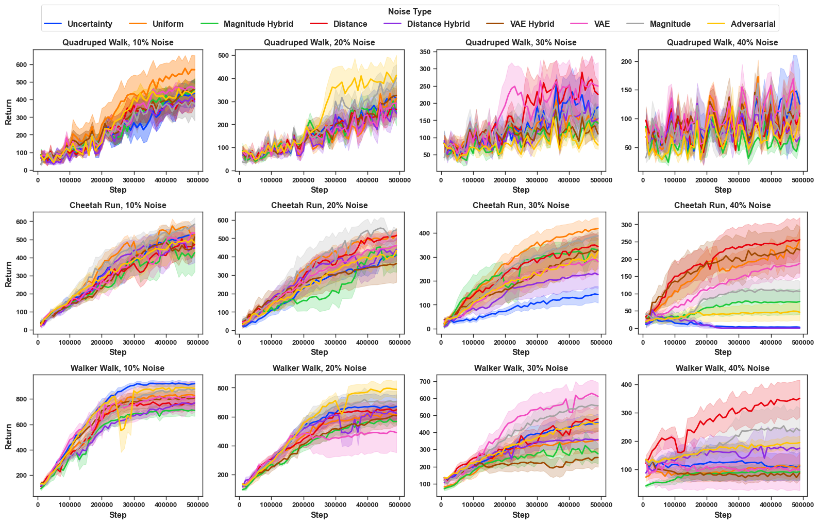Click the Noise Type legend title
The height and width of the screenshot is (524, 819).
[410, 12]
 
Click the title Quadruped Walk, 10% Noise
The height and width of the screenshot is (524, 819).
[118, 43]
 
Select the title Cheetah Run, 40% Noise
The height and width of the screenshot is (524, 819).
[722, 206]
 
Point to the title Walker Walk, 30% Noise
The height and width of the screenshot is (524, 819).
[521, 368]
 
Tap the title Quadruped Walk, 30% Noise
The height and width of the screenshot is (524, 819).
[521, 43]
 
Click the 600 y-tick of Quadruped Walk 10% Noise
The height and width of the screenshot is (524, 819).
[21, 65]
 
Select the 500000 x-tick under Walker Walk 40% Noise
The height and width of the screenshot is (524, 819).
[803, 505]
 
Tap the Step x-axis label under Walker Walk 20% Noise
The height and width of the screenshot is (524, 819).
[319, 515]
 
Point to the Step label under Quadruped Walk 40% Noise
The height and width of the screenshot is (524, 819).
[722, 190]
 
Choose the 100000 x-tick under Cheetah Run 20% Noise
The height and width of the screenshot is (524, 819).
[271, 342]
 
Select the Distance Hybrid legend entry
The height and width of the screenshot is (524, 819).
[438, 24]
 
